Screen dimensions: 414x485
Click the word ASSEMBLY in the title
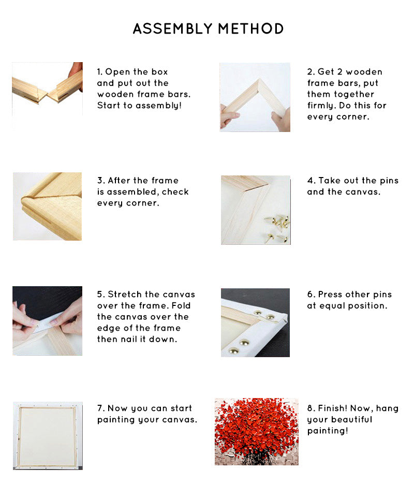(x=172, y=29)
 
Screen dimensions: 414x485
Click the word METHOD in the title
(x=251, y=29)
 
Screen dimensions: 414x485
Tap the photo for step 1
(x=47, y=96)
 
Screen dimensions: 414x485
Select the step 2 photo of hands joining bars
(x=255, y=97)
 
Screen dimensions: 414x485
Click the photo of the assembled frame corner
(x=47, y=207)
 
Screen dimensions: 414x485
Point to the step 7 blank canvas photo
(x=48, y=436)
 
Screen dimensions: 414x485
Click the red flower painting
(x=257, y=432)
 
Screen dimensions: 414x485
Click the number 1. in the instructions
(x=100, y=72)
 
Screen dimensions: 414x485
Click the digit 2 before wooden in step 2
(x=340, y=72)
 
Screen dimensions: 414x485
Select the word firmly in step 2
(x=321, y=106)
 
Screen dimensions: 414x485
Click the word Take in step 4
(x=330, y=180)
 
